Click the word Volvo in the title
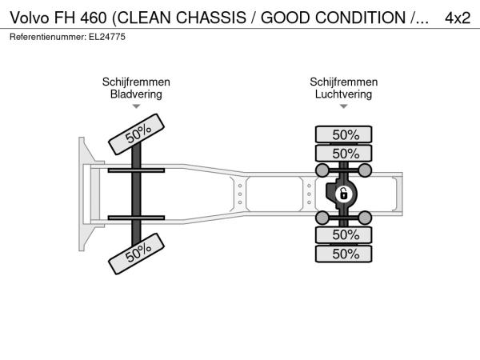click(30, 18)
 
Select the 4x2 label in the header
click(458, 18)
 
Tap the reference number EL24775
click(107, 37)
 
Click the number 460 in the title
click(94, 18)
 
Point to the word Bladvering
click(136, 94)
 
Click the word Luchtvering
click(343, 94)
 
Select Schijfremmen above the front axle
click(136, 82)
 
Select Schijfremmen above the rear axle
click(343, 82)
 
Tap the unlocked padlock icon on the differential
click(343, 194)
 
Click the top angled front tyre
click(136, 134)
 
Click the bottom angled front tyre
click(136, 254)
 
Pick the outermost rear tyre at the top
click(343, 134)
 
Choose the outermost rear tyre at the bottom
click(343, 254)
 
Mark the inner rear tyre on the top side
click(343, 154)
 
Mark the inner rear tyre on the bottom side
click(343, 235)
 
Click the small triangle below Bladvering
click(136, 106)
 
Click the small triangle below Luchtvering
click(343, 106)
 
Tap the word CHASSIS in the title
click(211, 18)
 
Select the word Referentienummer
click(48, 37)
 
